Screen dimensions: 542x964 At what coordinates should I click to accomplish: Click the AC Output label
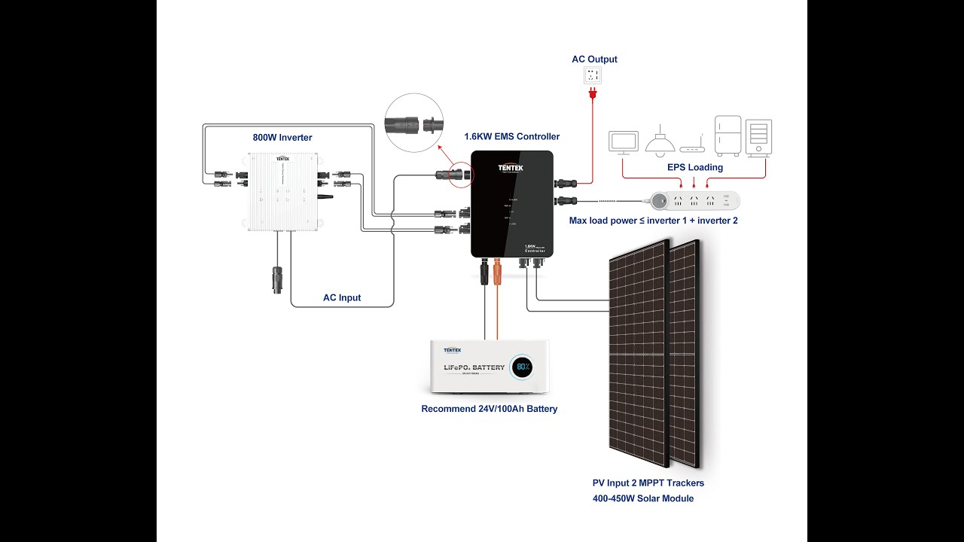point(594,59)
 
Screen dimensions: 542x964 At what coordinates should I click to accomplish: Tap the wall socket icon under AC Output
point(593,75)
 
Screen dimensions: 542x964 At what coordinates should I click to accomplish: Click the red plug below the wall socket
point(593,94)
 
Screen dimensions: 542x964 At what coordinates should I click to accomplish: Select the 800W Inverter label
point(282,138)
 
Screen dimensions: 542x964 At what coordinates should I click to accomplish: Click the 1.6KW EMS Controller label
point(512,137)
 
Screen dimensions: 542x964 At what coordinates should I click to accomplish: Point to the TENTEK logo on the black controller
point(510,168)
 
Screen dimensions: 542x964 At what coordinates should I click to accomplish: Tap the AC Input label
point(342,298)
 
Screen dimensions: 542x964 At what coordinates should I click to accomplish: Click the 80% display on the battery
point(521,367)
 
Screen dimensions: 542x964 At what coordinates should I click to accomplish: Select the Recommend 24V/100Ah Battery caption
point(490,410)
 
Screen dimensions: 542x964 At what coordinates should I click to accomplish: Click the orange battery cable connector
point(497,271)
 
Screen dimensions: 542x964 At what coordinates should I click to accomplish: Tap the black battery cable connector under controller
point(484,271)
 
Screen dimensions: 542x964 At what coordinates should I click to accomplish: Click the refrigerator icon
point(728,135)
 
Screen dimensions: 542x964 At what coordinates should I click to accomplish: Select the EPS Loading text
point(694,168)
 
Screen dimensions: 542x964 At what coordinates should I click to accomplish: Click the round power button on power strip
point(660,201)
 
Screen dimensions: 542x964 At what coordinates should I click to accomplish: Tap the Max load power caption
point(653,221)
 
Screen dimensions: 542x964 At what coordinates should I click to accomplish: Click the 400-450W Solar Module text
point(643,498)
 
